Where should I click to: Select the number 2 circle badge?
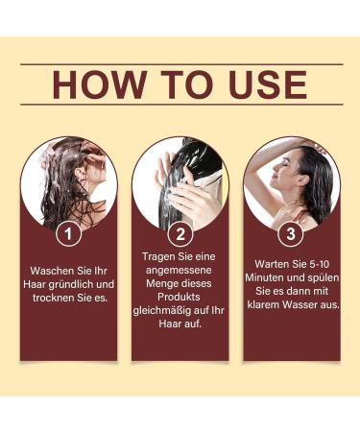click(x=180, y=232)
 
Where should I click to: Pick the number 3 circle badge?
click(x=292, y=232)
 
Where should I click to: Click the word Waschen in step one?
click(x=54, y=270)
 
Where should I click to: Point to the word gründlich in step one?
click(x=74, y=284)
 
